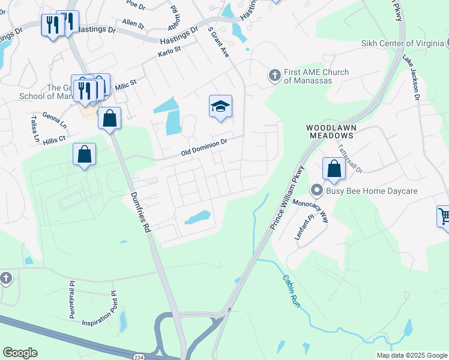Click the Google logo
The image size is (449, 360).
tap(20, 353)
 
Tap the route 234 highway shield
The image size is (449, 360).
tap(137, 356)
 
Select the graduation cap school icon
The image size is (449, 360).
tap(220, 107)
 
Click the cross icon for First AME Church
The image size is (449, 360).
tap(274, 76)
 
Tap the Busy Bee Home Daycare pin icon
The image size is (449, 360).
tap(317, 191)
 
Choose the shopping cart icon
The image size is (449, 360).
tap(444, 215)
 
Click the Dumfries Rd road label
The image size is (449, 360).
tap(139, 212)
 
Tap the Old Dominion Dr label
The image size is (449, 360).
tap(205, 148)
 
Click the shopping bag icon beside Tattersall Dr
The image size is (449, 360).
tap(334, 169)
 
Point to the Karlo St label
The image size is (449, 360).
tap(169, 53)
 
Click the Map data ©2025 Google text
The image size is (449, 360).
tap(411, 355)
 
